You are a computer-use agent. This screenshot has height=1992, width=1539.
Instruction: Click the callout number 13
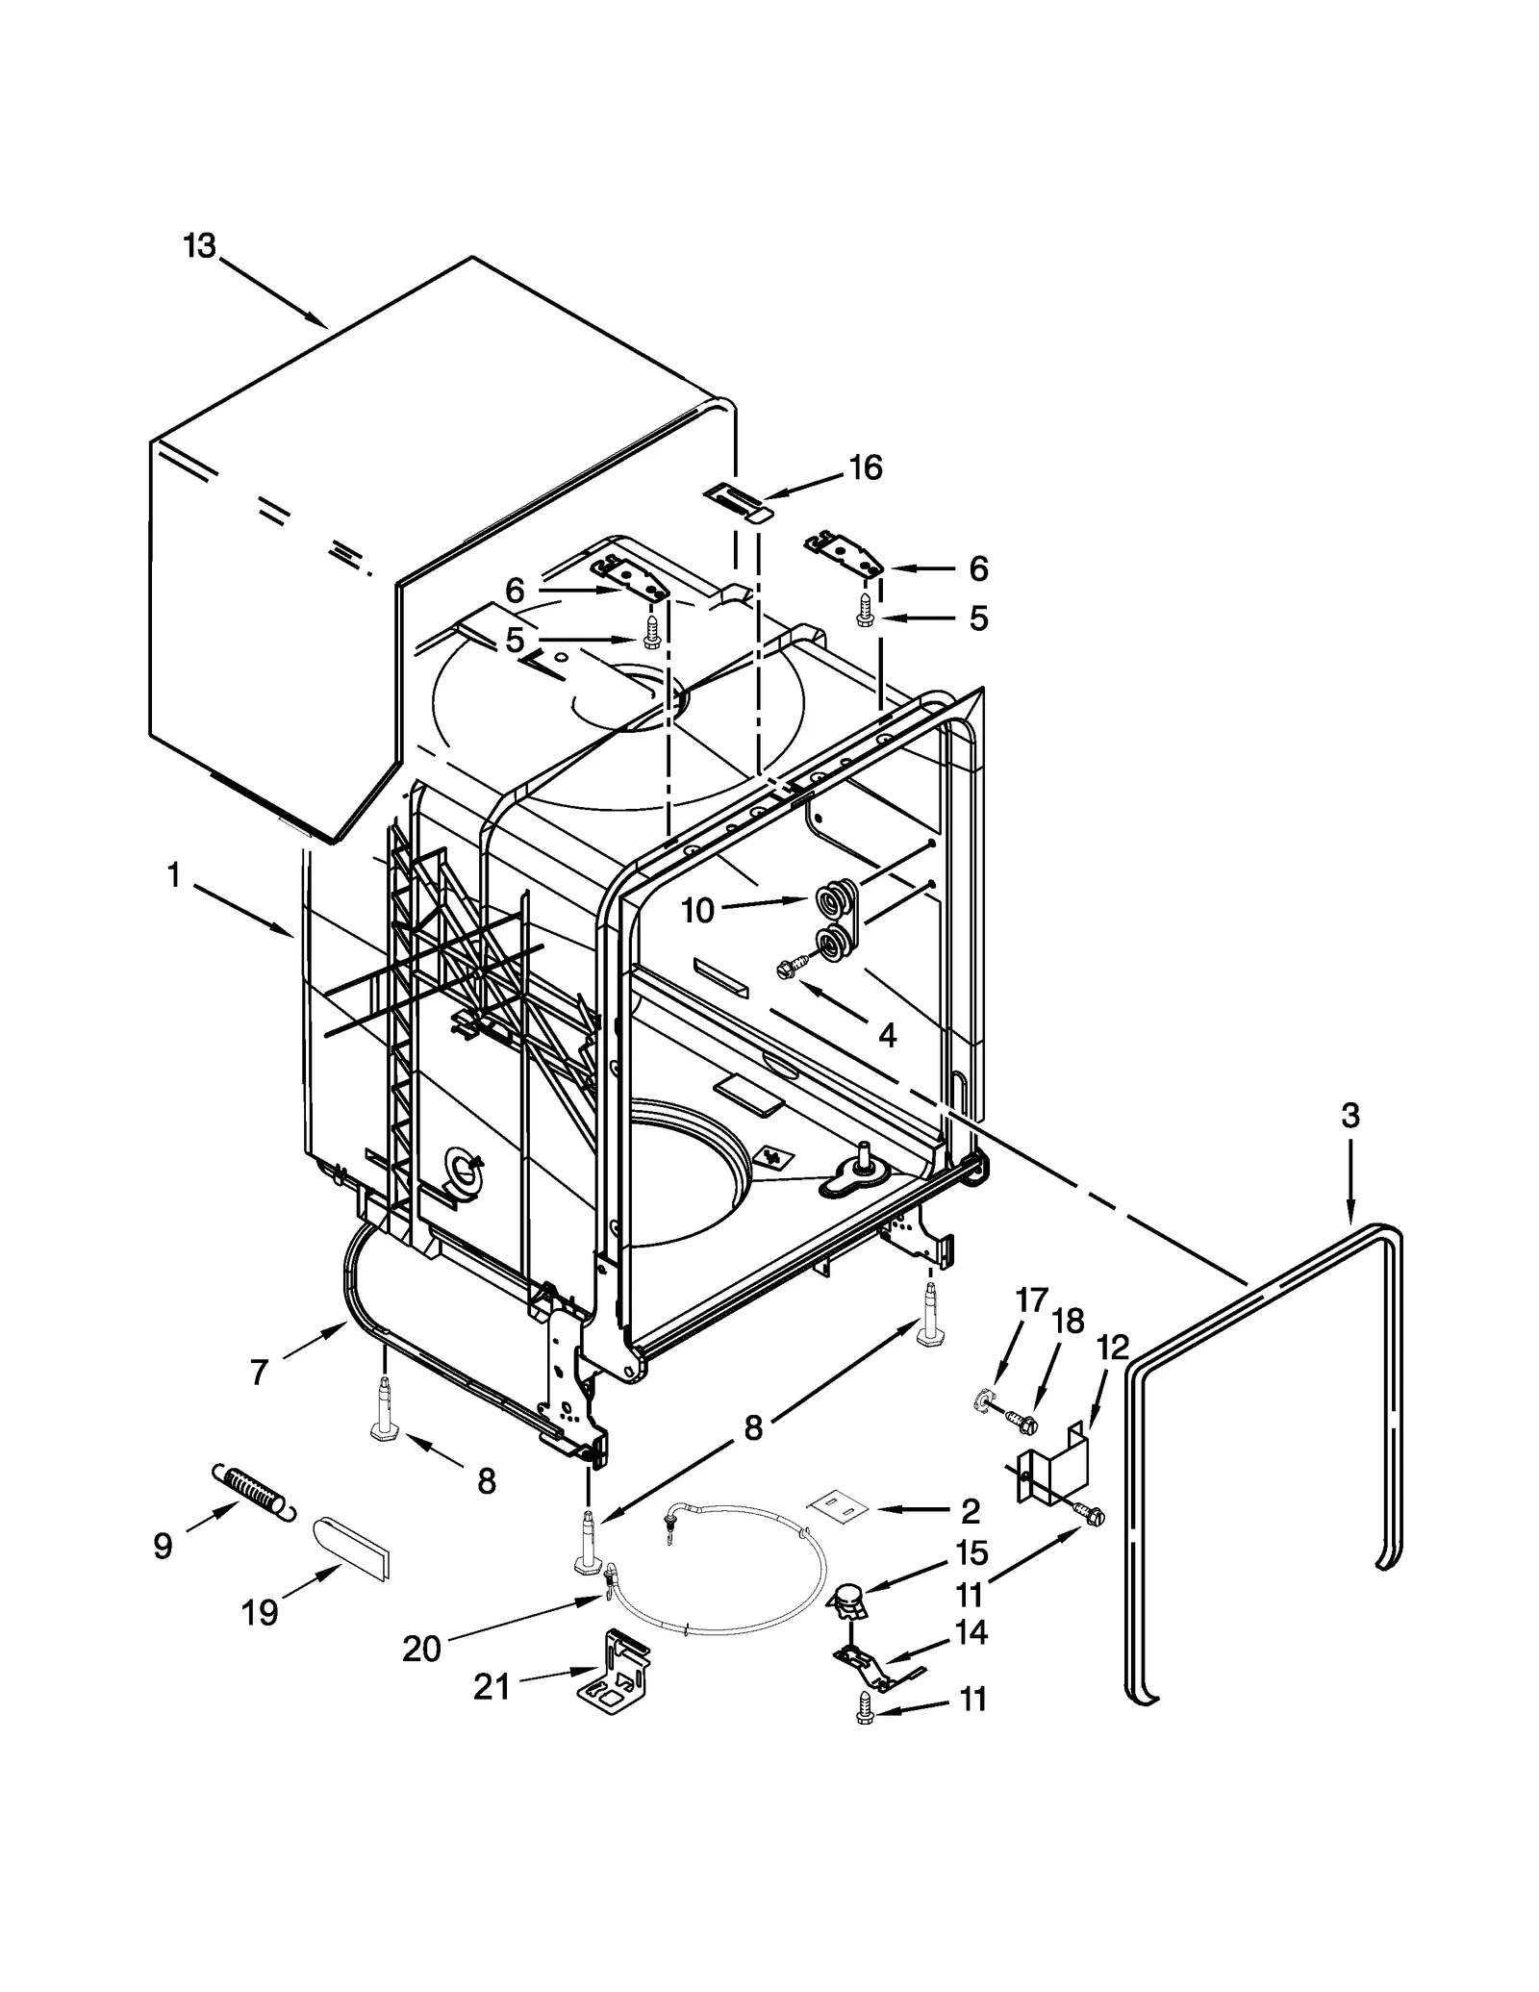199,246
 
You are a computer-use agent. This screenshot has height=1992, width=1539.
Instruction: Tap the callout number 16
865,467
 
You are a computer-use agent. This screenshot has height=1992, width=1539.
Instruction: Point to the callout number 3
1350,1116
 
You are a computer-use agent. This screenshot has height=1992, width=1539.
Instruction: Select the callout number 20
421,1649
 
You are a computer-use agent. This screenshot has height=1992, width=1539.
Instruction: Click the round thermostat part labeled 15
846,1598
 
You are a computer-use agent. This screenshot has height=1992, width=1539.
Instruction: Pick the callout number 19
260,1612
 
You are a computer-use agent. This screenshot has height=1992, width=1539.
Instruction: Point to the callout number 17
1031,1301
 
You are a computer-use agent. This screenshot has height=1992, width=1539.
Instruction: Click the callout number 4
887,1035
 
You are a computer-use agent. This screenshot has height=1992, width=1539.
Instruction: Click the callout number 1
173,875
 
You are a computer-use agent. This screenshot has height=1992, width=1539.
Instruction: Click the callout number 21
492,1687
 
